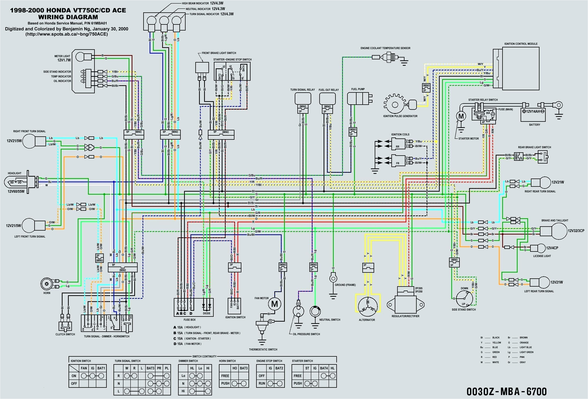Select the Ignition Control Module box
point(520,68)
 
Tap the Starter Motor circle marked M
point(461,116)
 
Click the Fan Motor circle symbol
point(274,304)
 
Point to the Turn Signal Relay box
point(303,99)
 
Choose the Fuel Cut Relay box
point(327,99)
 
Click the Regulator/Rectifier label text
point(405,316)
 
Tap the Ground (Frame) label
point(345,285)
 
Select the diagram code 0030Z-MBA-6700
point(506,391)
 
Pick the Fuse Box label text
point(190,320)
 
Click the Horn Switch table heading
point(227,361)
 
